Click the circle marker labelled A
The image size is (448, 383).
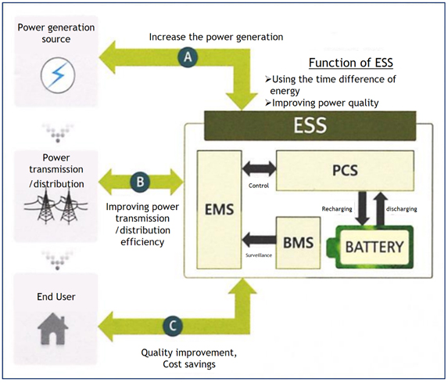[x=188, y=57]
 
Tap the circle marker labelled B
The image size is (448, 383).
[x=140, y=182]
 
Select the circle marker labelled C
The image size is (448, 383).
[x=173, y=326]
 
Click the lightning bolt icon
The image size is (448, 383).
[x=58, y=75]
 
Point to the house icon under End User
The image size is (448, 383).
[x=53, y=329]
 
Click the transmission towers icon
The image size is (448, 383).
[x=56, y=205]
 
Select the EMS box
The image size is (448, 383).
[x=219, y=210]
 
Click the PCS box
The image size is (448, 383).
[x=345, y=171]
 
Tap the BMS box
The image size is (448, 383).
[x=298, y=243]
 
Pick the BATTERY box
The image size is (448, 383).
[x=374, y=247]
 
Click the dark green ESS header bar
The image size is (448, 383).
[x=310, y=125]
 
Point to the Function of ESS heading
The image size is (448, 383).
[x=351, y=63]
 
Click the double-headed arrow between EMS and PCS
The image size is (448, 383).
[x=259, y=168]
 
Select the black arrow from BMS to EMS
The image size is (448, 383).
[x=259, y=240]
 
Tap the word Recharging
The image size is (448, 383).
[x=337, y=209]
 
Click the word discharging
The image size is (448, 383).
[x=401, y=209]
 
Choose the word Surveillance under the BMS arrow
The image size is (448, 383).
[x=259, y=255]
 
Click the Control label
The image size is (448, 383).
[x=259, y=186]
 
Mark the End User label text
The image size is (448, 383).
[x=56, y=297]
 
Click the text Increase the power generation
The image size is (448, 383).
[x=216, y=37]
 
